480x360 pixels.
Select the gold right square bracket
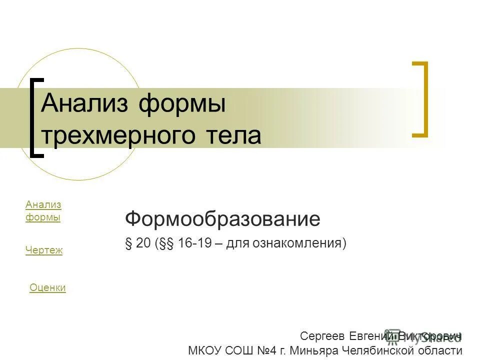point(423,98)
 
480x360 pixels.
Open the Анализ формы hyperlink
point(43,210)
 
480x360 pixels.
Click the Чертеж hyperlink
point(44,250)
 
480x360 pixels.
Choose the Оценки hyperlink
point(47,287)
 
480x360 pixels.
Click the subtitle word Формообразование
point(222,218)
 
